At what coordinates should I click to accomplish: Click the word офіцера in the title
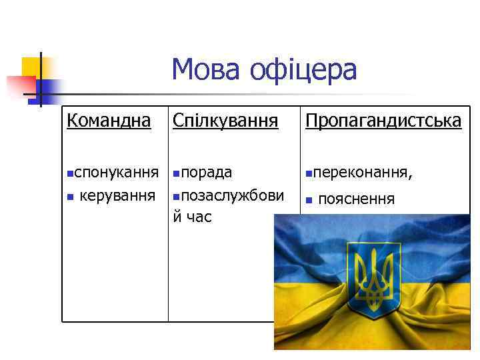(304, 70)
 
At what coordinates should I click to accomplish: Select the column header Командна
(109, 121)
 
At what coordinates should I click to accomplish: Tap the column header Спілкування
(225, 121)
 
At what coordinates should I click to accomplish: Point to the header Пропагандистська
(383, 121)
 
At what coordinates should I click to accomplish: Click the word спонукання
(116, 173)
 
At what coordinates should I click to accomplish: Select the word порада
(206, 173)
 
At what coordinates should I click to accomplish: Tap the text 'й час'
(192, 217)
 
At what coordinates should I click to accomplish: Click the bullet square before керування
(69, 197)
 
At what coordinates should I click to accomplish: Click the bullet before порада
(175, 174)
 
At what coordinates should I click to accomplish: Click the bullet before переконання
(308, 174)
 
